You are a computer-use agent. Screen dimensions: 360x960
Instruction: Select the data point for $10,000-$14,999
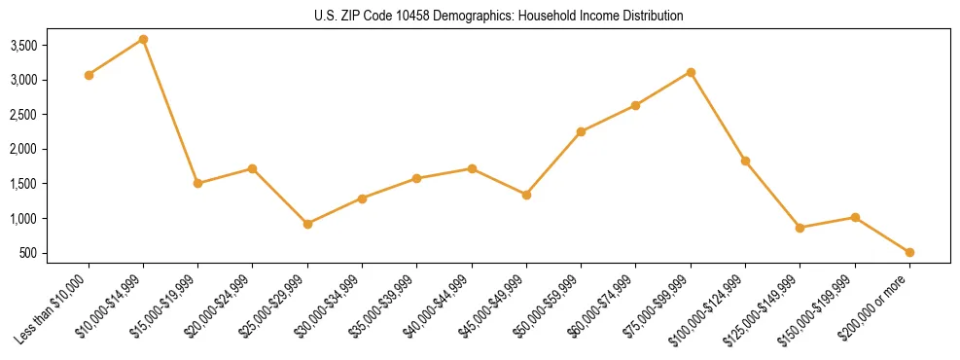click(143, 39)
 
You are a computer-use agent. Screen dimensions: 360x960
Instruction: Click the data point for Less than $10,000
click(89, 75)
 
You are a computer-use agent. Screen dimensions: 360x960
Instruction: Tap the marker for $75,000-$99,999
click(691, 72)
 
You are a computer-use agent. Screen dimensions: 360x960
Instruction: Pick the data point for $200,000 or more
click(909, 252)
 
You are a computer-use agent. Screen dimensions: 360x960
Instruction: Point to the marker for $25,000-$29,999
click(307, 224)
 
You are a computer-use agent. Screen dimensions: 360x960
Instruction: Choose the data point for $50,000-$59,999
click(581, 131)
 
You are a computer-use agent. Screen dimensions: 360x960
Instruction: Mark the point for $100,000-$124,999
click(745, 161)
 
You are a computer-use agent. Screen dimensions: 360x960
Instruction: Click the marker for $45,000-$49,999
click(526, 195)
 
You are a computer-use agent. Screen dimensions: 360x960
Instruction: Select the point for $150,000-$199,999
click(855, 217)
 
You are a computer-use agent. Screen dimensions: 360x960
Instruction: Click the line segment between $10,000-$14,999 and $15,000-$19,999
click(170, 111)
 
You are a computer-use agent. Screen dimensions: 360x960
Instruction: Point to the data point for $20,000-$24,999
click(253, 168)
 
